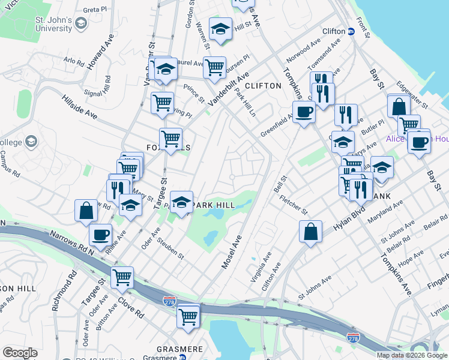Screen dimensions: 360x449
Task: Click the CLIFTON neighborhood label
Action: pos(262,86)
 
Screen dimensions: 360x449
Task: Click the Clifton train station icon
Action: pos(351,31)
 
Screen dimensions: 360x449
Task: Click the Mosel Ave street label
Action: pos(232,251)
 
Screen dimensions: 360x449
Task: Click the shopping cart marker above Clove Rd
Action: pos(122,277)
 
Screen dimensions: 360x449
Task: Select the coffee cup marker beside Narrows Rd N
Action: pos(100,233)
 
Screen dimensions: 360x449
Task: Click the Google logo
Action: pos(20,352)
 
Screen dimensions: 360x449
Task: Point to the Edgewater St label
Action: pos(412,95)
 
